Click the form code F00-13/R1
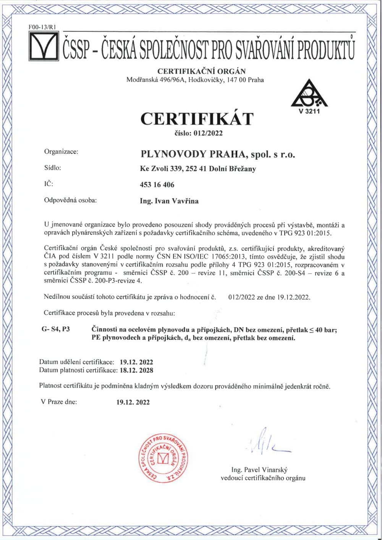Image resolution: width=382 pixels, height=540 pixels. pyautogui.click(x=42, y=27)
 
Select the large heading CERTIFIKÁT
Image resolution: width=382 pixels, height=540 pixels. pyautogui.click(x=197, y=118)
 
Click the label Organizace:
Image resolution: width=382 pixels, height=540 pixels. pyautogui.click(x=61, y=152)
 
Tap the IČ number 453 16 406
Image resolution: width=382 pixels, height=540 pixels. pyautogui.click(x=157, y=185)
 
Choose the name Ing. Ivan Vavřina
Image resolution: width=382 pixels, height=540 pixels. pyautogui.click(x=170, y=201)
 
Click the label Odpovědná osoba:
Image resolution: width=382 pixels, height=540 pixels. pyautogui.click(x=71, y=200)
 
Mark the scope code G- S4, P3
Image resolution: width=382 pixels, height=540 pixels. pyautogui.click(x=56, y=329)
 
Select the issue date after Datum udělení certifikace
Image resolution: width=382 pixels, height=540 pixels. pyautogui.click(x=136, y=362)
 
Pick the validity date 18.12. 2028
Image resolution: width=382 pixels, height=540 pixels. pyautogui.click(x=136, y=370)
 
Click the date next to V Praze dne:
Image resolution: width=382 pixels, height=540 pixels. pyautogui.click(x=133, y=402)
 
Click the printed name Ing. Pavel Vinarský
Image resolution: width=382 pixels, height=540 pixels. pyautogui.click(x=259, y=470)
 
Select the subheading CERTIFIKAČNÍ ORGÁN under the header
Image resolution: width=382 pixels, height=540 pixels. pyautogui.click(x=202, y=71)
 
